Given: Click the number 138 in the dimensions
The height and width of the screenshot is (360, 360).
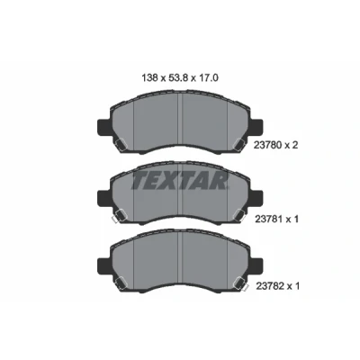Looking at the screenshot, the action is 149,78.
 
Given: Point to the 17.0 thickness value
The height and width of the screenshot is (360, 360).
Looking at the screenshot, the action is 208,78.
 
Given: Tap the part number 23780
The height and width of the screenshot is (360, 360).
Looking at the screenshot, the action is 267,146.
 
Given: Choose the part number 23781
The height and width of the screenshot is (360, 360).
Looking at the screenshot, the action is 268,220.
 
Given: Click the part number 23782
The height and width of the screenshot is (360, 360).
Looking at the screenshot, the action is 269,286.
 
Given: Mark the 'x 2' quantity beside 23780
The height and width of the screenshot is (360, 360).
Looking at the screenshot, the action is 292,146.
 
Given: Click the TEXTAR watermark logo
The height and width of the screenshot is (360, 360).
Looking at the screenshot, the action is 179,180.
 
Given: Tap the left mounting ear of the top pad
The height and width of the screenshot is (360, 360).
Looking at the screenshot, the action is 104,127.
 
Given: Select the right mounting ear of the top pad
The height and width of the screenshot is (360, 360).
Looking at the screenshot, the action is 256,127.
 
